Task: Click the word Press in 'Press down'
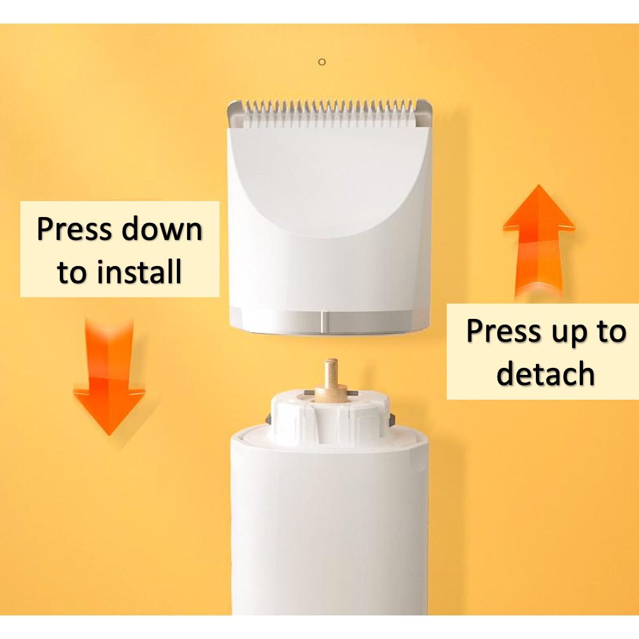pos(74,228)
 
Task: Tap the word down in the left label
pos(162,228)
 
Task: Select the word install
pos(139,271)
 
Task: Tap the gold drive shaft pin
pos(330,380)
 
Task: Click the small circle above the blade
pos(322,62)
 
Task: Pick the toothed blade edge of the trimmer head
pos(329,114)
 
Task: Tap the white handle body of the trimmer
pos(330,526)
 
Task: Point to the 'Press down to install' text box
pos(120,249)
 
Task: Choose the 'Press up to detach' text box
pos(543,351)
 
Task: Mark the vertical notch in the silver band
pos(322,322)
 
